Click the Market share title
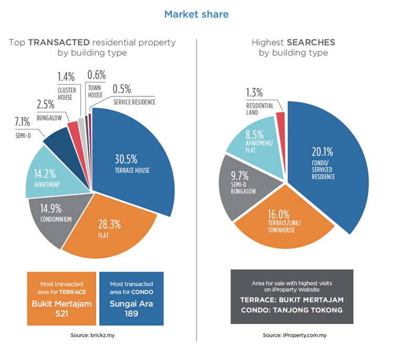coord(196,14)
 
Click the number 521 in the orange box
coord(61,314)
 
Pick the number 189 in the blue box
coord(130,314)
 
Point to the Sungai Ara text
coord(130,303)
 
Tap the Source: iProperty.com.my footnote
coord(293,334)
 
